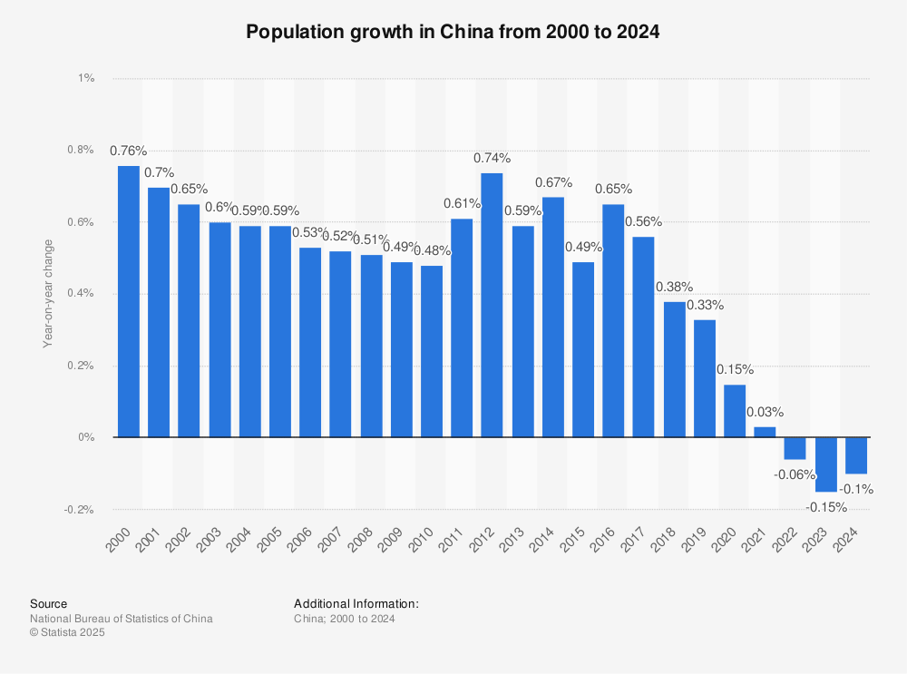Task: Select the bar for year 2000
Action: pyautogui.click(x=129, y=301)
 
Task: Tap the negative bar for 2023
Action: pyautogui.click(x=826, y=464)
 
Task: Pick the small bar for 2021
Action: pyautogui.click(x=766, y=432)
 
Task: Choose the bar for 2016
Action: pyautogui.click(x=613, y=320)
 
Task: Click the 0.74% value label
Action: pyautogui.click(x=492, y=158)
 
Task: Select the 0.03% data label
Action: pyautogui.click(x=766, y=411)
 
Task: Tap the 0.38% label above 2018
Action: pyautogui.click(x=675, y=287)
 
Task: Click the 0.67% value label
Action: pyautogui.click(x=552, y=182)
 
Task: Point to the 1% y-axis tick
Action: pyautogui.click(x=87, y=79)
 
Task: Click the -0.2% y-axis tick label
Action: pyautogui.click(x=81, y=510)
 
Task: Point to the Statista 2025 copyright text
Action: pyautogui.click(x=67, y=633)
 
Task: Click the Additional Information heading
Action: pyautogui.click(x=356, y=603)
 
